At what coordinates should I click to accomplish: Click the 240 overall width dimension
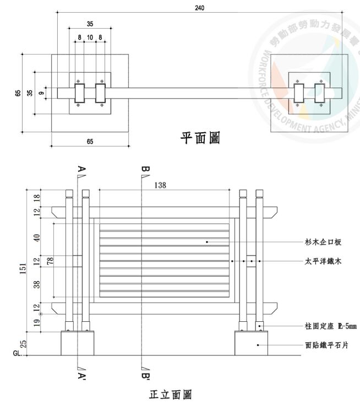point(198,7)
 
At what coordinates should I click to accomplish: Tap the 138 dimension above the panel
point(160,185)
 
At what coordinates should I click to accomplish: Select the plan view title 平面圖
point(200,138)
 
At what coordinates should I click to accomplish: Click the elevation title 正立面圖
point(171,395)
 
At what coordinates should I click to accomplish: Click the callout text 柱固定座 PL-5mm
point(330,327)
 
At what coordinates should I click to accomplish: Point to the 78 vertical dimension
point(50,261)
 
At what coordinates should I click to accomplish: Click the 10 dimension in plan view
point(90,37)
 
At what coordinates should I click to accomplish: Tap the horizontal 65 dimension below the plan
point(90,142)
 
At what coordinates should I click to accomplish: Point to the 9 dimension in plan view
point(41,93)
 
